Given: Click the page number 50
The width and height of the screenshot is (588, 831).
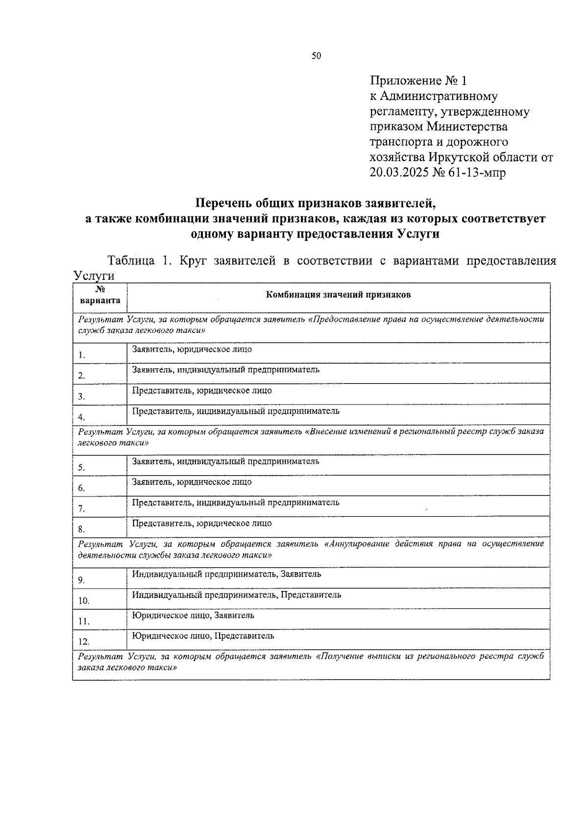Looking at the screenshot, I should click(316, 56).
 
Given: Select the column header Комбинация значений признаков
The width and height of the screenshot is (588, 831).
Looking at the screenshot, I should click(338, 295).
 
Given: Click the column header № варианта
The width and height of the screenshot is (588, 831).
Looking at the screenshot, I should click(99, 296).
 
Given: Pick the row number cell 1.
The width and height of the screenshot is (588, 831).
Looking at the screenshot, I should click(81, 356).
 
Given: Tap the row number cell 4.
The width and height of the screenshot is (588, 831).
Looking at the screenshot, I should click(81, 417).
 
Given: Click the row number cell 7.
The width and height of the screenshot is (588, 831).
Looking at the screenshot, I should click(81, 509).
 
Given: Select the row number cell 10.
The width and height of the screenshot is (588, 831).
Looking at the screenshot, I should click(83, 601).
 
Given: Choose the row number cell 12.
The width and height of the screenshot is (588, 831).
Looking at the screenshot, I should click(83, 642).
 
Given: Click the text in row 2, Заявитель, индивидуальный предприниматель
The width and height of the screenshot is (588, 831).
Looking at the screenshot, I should click(225, 370).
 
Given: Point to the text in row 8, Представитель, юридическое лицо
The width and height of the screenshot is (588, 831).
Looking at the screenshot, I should click(201, 523).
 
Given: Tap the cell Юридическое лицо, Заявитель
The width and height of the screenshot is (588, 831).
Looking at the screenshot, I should click(193, 616).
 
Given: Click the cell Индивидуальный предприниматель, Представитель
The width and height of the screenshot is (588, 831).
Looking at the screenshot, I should click(237, 595).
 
